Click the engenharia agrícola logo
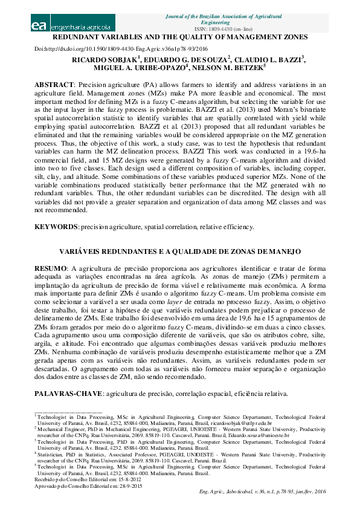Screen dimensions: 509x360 tap(71, 26)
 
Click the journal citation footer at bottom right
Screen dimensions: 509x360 tap(262, 492)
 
